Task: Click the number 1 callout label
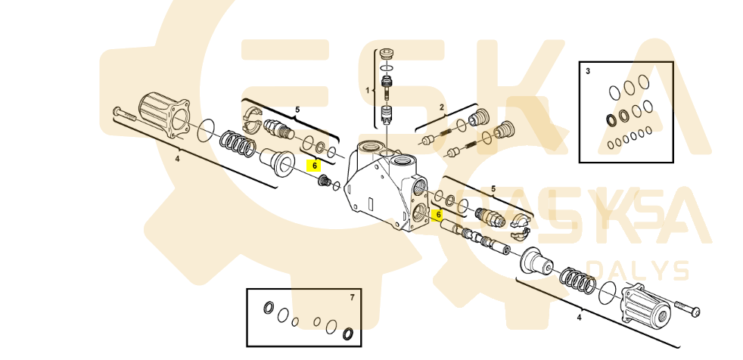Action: pyautogui.click(x=368, y=90)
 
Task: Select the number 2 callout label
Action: pyautogui.click(x=442, y=108)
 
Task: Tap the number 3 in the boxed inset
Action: pyautogui.click(x=588, y=70)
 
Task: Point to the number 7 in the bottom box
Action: pyautogui.click(x=352, y=297)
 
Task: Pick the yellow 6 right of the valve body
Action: pyautogui.click(x=437, y=214)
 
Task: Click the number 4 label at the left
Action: pyautogui.click(x=177, y=159)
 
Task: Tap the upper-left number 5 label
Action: pyautogui.click(x=297, y=110)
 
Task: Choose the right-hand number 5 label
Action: pyautogui.click(x=494, y=188)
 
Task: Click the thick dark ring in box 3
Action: pyautogui.click(x=611, y=119)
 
